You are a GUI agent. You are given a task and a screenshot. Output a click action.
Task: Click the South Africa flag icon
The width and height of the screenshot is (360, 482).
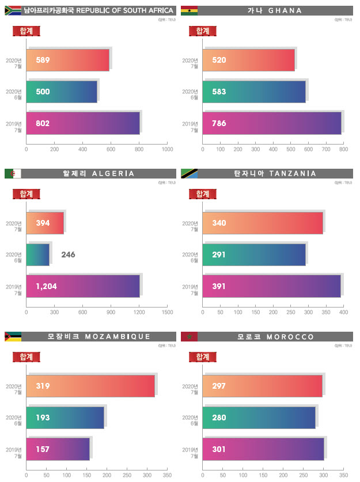click(x=13, y=10)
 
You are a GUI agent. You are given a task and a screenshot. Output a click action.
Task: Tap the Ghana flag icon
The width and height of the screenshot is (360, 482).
click(x=190, y=10)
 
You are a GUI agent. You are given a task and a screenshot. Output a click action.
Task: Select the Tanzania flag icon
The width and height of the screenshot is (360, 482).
click(x=190, y=173)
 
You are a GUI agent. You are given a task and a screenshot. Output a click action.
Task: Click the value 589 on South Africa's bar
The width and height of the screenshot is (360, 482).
click(x=43, y=60)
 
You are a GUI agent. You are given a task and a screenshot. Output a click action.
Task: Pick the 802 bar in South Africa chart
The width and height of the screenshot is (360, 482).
click(x=83, y=123)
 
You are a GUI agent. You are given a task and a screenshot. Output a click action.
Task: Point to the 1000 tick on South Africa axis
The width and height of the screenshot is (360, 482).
click(x=167, y=150)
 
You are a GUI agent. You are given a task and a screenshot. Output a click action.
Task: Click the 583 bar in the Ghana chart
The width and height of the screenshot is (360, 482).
click(x=253, y=92)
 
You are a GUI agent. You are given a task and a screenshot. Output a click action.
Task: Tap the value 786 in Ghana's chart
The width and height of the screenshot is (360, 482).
click(x=219, y=123)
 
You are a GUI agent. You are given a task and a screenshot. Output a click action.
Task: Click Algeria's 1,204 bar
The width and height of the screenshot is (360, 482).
click(x=83, y=286)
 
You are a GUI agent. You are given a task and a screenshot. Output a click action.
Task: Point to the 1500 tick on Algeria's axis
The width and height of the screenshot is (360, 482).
click(x=167, y=312)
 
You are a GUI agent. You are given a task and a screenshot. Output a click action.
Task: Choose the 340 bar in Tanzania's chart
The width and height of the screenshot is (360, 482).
click(x=262, y=223)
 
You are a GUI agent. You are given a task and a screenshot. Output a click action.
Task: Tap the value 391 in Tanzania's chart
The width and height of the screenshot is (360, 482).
click(x=219, y=286)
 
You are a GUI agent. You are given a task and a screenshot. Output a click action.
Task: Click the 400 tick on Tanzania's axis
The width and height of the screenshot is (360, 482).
click(x=343, y=312)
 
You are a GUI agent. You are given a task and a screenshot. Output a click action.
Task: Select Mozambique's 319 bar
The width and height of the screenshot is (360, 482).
click(x=90, y=386)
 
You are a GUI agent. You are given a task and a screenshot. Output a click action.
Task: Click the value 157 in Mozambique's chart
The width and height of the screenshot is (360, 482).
click(x=43, y=449)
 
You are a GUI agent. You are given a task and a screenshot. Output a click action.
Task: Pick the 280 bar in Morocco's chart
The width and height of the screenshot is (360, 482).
click(x=259, y=418)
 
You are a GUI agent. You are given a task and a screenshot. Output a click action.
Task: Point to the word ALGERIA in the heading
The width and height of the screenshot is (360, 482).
click(x=113, y=173)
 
